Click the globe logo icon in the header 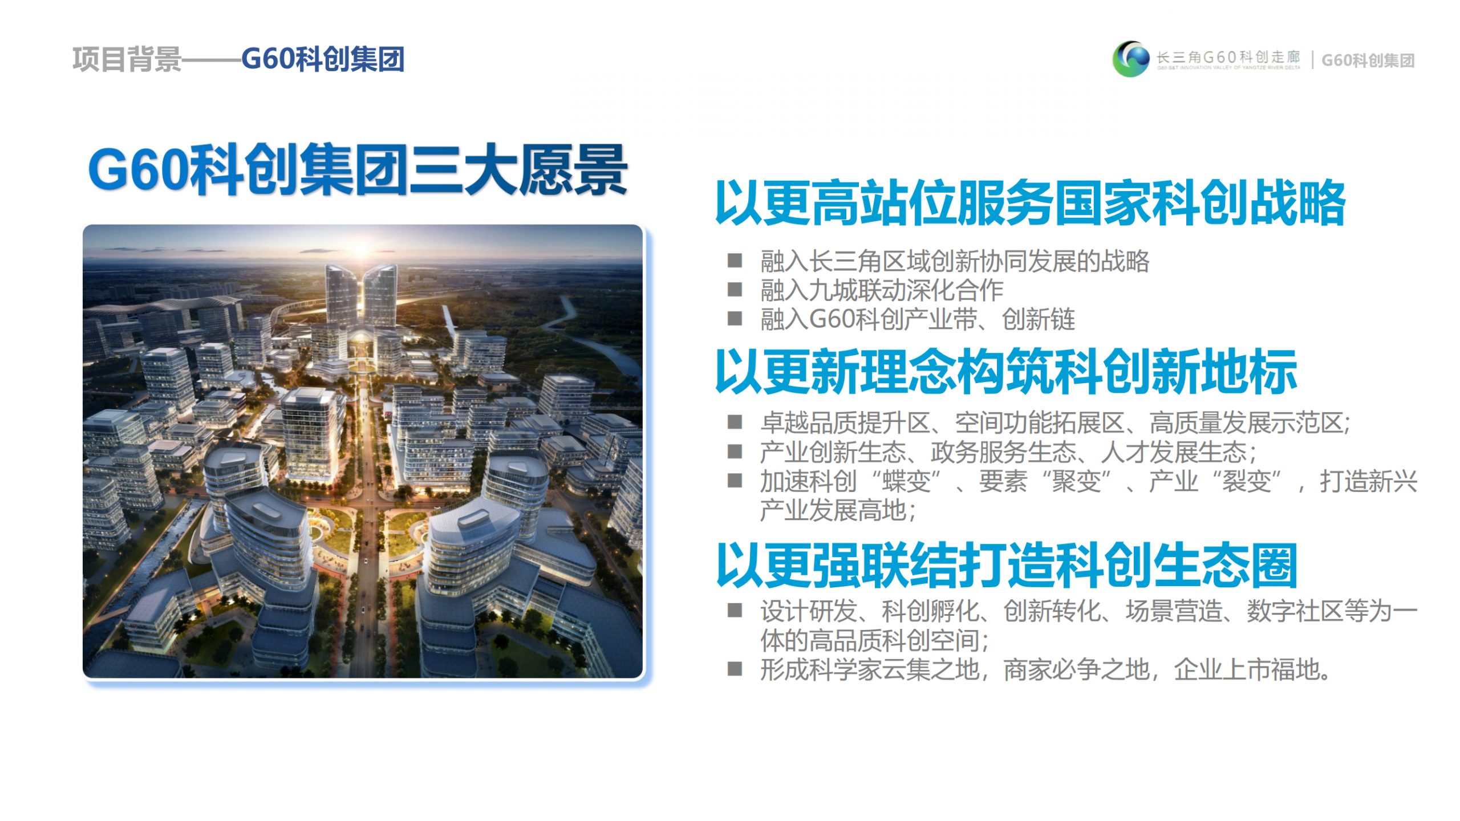coord(1130,59)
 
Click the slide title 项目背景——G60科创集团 coord(238,59)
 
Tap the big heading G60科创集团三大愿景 coord(358,170)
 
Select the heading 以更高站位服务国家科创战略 coord(1030,203)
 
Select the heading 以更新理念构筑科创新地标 coord(1006,372)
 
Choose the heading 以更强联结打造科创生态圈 coord(1007,565)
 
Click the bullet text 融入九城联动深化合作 coord(882,290)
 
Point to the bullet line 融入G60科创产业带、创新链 coord(918,319)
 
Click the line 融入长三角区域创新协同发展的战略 coord(955,261)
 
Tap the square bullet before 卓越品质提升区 coord(735,422)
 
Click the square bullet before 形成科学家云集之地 coord(735,669)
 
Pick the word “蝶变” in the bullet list coord(906,481)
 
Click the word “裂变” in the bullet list coord(1247,481)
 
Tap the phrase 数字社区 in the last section coord(1295,611)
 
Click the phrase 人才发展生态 coord(1174,452)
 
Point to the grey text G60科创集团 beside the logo coord(1368,60)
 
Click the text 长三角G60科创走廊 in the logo coord(1228,57)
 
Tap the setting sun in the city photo coord(362,249)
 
